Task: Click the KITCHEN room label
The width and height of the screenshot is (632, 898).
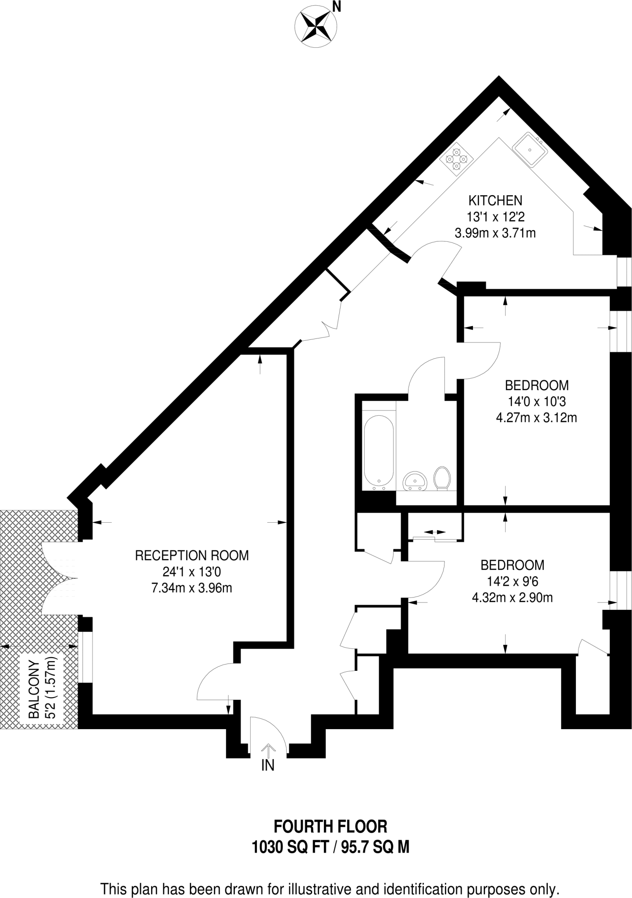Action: coord(495,200)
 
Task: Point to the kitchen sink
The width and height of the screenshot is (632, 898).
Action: coord(530,149)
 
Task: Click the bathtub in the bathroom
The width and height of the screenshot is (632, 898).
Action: coord(379,452)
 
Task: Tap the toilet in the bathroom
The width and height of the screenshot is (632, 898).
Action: coord(442,478)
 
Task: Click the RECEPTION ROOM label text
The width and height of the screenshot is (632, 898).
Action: coord(192,556)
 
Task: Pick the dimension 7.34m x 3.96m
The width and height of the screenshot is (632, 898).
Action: coord(192,588)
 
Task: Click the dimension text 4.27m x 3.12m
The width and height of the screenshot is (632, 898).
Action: coord(536,418)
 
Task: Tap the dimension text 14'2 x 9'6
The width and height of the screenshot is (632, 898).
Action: coord(512,581)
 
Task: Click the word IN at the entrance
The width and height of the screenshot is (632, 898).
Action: coord(268,766)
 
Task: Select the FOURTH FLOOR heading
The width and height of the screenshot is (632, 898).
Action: coord(330,827)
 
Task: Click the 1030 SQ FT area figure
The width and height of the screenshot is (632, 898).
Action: coord(290,847)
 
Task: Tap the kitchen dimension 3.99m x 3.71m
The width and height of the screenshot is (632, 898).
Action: coord(495,233)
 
